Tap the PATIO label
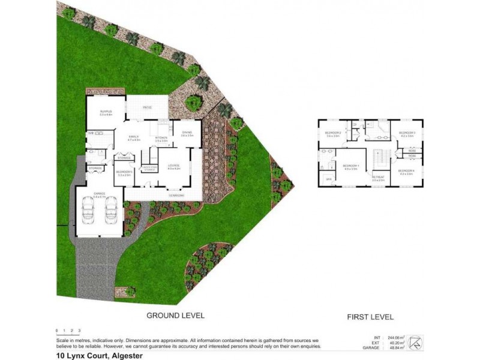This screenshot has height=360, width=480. pos(146,107)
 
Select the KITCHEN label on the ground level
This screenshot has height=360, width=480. pos(161,137)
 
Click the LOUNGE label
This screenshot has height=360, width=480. pos(174,167)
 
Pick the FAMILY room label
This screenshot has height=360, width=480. pos(134,137)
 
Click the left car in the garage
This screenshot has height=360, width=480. pos(89,210)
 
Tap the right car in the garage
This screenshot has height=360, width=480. pos(111,210)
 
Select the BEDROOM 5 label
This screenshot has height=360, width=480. pos(124,172)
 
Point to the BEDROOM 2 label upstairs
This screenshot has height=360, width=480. pos(333,133)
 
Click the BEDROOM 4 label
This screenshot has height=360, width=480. pos(406,172)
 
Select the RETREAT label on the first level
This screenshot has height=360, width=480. pos(378,178)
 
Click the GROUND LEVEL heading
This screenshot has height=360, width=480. pos(176,315)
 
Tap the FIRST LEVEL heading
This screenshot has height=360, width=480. pos(370,317)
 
